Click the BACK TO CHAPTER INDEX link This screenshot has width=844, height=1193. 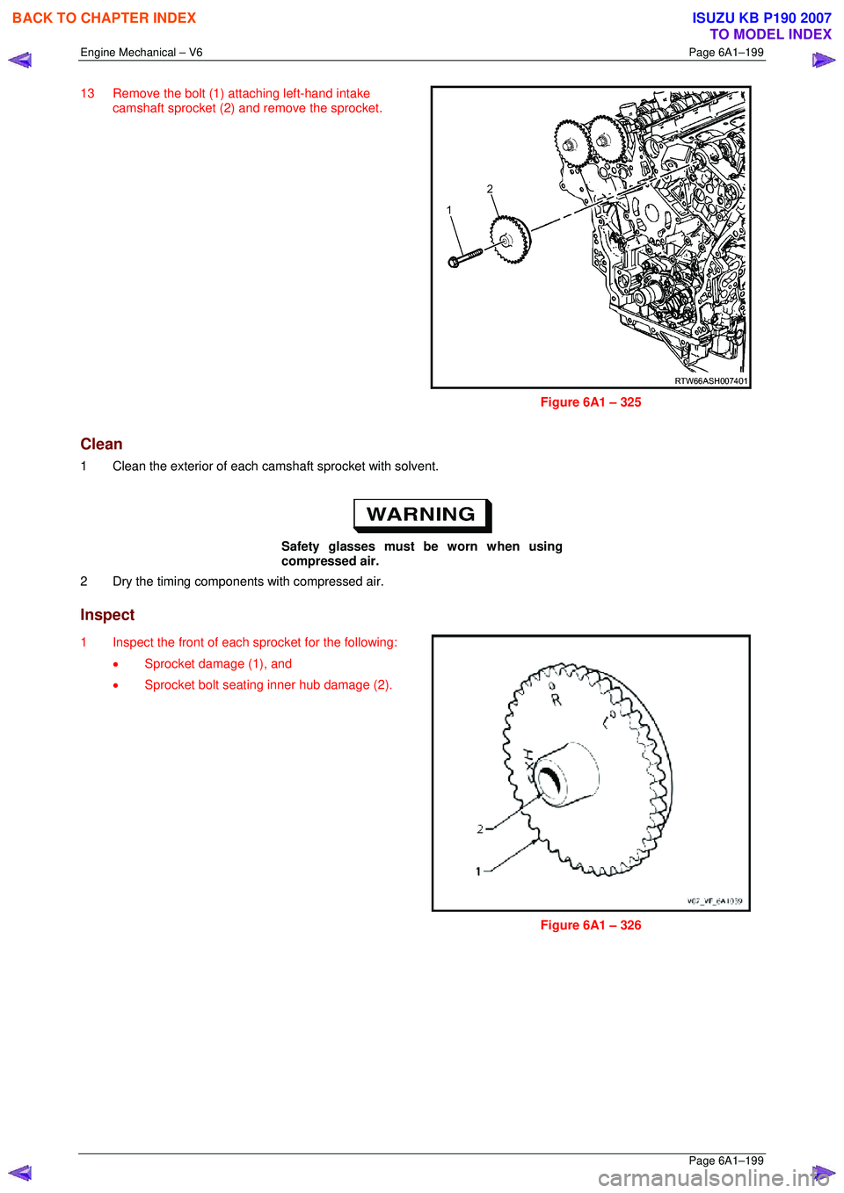104,18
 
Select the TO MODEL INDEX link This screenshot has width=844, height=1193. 770,34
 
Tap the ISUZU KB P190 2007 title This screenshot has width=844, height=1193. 761,18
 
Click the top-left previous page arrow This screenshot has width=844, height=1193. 20,60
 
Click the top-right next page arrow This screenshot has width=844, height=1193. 824,60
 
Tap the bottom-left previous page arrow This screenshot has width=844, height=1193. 20,1172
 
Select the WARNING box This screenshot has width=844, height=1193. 422,515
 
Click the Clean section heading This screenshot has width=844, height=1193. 101,444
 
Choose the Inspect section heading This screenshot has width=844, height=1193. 107,615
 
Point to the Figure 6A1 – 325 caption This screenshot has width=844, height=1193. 591,402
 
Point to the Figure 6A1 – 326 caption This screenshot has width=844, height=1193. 591,925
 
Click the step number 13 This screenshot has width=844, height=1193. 87,93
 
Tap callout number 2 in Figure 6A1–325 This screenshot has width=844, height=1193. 490,189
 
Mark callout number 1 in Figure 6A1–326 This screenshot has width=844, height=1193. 478,871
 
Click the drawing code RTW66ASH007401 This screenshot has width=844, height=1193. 710,380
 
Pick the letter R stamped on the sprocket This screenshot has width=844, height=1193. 556,700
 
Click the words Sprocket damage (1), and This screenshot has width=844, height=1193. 218,664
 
